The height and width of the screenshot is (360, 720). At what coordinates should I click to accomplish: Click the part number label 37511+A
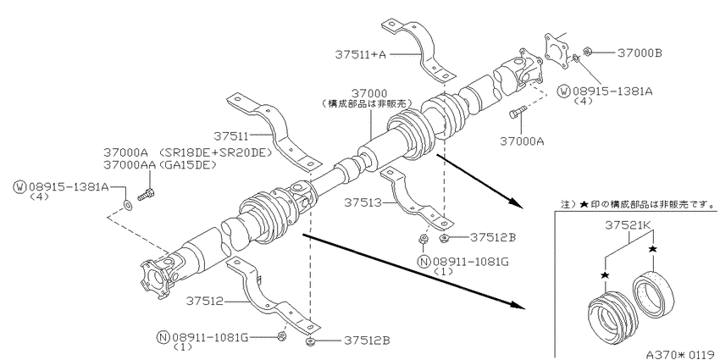pos(361,55)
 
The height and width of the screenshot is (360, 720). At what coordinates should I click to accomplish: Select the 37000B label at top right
pos(640,53)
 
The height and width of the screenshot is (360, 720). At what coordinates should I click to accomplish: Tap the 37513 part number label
pos(363,202)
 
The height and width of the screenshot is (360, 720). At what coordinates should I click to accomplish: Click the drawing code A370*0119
pos(680,354)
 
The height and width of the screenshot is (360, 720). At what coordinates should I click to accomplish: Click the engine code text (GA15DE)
pos(187,164)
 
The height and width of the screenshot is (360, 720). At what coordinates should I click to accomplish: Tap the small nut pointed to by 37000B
pos(586,51)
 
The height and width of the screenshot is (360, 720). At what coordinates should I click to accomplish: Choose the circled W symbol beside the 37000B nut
pos(563,91)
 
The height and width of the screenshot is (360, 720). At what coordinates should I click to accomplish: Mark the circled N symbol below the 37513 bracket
pos(424,262)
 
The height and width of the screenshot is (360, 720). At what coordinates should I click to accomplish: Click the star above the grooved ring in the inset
pos(605,275)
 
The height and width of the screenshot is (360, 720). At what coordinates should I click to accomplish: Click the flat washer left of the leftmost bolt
pos(128,204)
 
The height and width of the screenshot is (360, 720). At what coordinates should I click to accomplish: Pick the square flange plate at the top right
pos(557,51)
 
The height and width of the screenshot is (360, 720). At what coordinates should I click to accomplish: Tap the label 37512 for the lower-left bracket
pos(204,302)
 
